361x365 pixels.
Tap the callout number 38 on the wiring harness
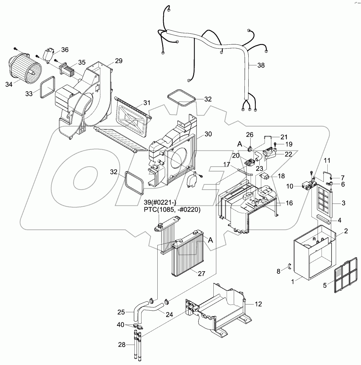260,65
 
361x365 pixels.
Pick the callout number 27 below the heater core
201,273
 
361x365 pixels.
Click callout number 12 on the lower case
258,304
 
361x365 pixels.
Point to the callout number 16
289,203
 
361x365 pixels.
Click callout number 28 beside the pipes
122,345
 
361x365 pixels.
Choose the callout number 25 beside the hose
121,312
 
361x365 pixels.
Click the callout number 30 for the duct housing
208,134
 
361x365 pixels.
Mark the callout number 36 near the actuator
65,50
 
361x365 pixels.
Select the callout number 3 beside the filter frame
343,203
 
